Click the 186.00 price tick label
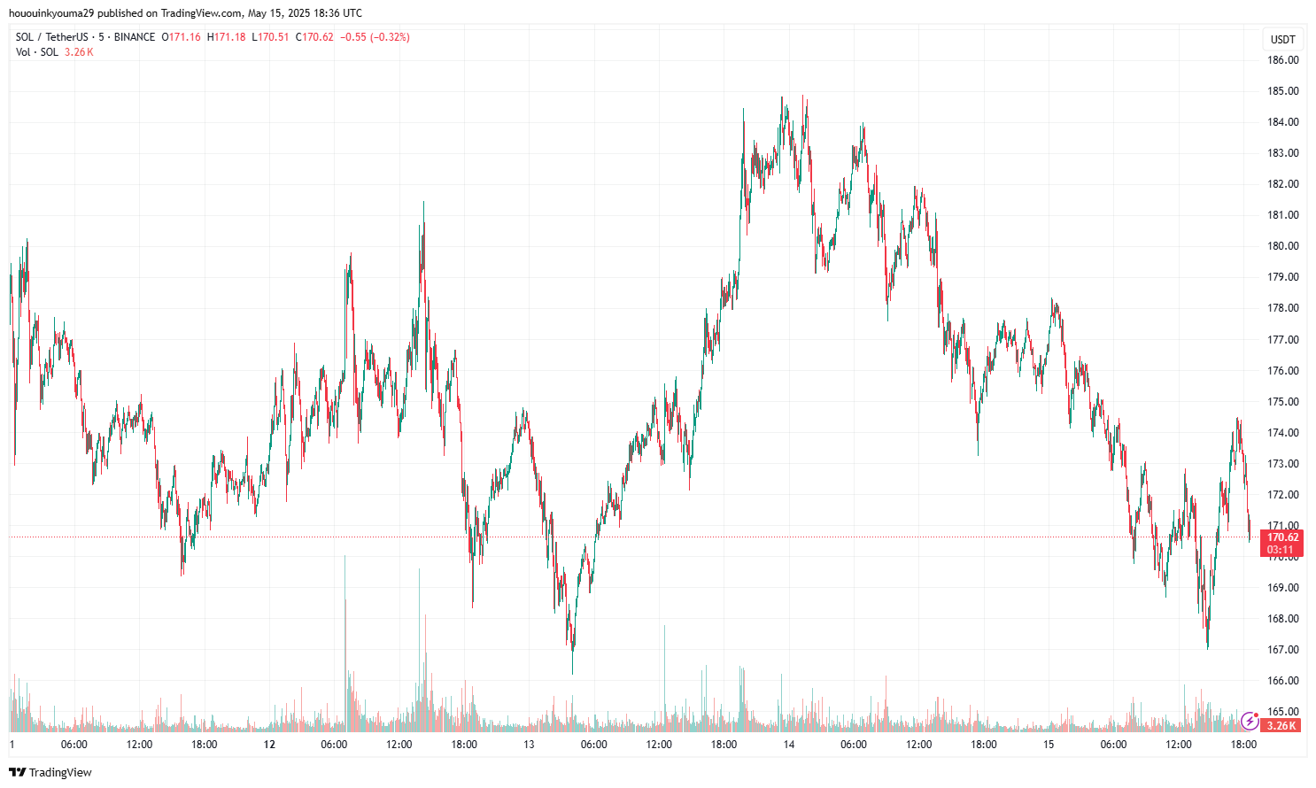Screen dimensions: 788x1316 (1283, 60)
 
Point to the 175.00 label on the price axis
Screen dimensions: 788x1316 (1283, 402)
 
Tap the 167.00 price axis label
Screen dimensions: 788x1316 (1283, 650)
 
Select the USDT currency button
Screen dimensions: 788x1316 (1283, 39)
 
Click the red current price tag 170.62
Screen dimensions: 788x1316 (1282, 537)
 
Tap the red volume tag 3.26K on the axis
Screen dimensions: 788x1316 (1281, 726)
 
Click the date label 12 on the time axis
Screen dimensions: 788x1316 (269, 745)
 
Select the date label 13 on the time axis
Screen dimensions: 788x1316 (529, 745)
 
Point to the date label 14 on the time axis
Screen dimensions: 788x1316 (788, 745)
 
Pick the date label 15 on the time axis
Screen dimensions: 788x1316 (1049, 745)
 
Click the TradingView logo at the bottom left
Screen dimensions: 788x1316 (50, 772)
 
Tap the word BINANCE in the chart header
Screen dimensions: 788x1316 (135, 37)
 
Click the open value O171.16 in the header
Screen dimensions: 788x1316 (182, 37)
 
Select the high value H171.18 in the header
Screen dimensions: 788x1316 (227, 37)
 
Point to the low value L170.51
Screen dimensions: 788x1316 (271, 37)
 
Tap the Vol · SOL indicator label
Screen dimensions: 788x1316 (37, 52)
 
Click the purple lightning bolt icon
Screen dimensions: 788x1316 (1250, 721)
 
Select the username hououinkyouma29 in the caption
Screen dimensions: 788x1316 (50, 13)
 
